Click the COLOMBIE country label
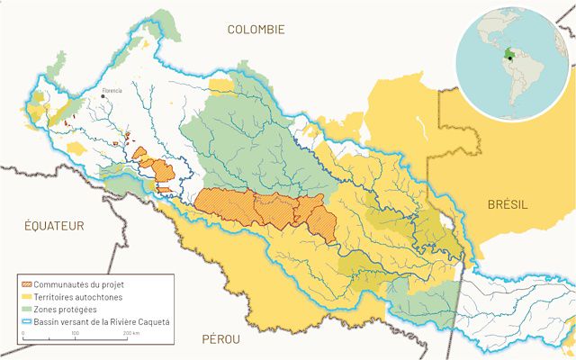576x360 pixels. (256, 30)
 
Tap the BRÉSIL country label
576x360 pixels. (508, 205)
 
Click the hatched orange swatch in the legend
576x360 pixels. (27, 284)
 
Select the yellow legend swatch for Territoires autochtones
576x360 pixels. (27, 296)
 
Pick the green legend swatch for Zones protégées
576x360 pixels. (27, 309)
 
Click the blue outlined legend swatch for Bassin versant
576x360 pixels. (27, 320)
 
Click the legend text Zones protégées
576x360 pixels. (67, 309)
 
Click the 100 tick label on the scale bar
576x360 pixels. (75, 334)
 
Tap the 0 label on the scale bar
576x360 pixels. (23, 334)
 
